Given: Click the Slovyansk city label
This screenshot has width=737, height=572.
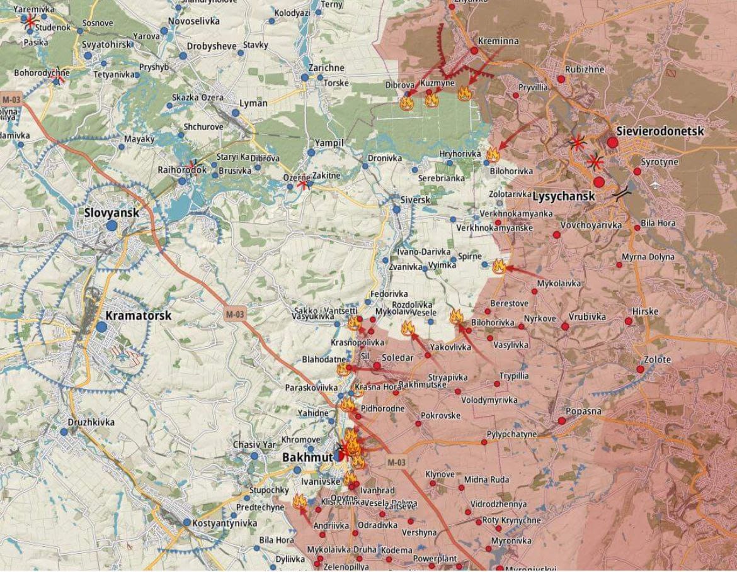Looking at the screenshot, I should point(111,213).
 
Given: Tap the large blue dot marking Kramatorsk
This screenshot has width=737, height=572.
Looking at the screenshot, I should point(101,327).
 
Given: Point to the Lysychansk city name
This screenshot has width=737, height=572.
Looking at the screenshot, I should point(564,196).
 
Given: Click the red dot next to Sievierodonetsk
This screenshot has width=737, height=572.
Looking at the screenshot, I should point(612,143).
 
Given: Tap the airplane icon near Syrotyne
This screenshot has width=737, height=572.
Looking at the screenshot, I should point(656,184).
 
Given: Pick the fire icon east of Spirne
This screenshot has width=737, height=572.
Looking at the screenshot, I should point(499,266).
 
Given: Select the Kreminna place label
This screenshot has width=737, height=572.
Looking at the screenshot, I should point(498,41).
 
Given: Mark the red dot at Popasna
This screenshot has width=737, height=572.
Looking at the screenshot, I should point(561,420).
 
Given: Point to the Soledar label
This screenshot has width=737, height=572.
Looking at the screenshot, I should point(397,357).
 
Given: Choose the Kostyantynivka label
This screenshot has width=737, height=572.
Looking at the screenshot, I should point(225,523).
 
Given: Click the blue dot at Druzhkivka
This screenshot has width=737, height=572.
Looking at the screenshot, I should point(64,432).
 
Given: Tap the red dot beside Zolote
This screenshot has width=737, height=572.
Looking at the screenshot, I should point(641,369).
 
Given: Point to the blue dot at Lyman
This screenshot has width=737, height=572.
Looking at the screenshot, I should point(235,113).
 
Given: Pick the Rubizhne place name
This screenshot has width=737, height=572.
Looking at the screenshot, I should point(585,69).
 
